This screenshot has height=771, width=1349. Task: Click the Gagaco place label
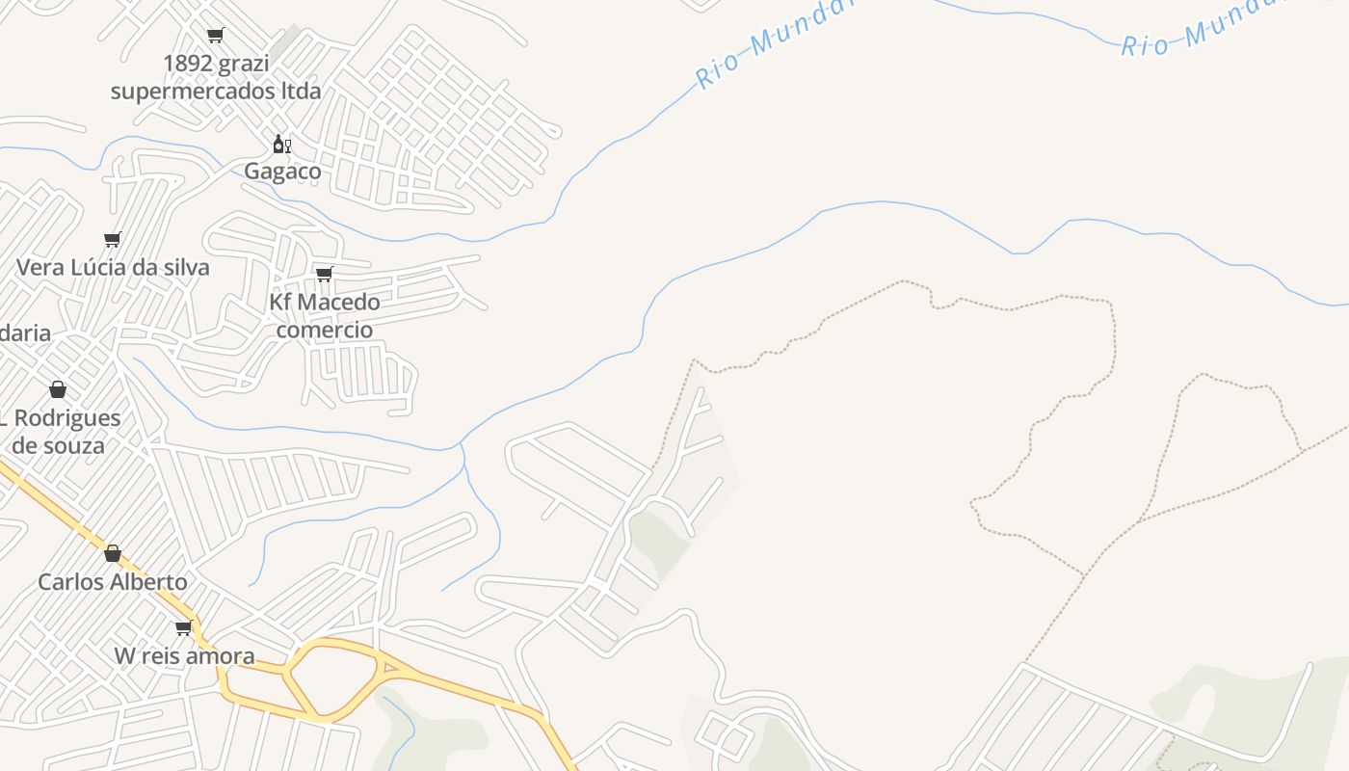282,172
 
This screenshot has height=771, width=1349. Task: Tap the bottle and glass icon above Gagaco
281,145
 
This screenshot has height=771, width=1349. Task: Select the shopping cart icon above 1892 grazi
216,36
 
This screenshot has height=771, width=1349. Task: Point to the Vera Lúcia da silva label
113,267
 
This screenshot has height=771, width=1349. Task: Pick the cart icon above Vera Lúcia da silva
113,239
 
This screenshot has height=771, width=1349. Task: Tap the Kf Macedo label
324,302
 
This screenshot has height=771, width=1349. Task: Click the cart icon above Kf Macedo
325,275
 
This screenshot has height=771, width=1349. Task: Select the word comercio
324,330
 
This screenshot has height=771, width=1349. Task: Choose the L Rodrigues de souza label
60,432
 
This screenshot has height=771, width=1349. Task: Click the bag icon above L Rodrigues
58,389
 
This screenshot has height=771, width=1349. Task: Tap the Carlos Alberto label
113,582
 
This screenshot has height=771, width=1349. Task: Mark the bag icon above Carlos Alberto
113,553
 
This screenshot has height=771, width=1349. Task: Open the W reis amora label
185,656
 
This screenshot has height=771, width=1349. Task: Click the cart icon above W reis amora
184,628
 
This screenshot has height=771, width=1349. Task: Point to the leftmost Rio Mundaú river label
776,43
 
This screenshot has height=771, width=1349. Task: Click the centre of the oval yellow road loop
333,679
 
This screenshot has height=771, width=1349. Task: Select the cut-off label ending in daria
25,333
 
